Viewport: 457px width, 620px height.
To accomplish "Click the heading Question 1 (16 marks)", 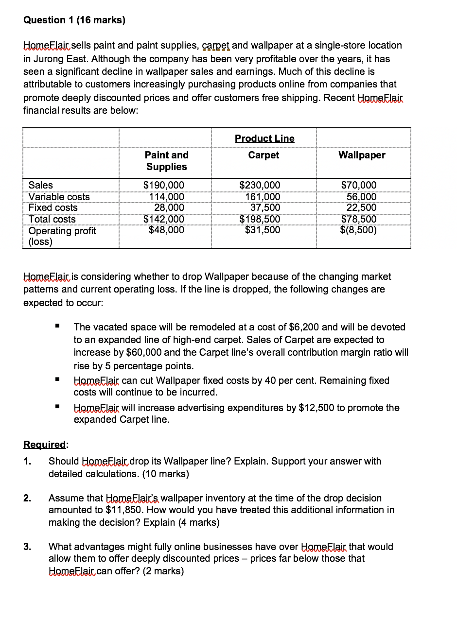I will coord(74,20).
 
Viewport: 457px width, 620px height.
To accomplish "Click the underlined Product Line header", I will coord(264,138).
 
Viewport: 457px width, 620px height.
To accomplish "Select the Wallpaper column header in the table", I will coord(362,155).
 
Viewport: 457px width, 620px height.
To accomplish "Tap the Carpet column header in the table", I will coord(264,155).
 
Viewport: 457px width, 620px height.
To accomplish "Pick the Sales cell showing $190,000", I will coord(164,185).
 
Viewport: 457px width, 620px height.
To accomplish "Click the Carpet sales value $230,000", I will coord(260,185).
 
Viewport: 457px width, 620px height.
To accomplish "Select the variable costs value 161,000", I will coord(263,197).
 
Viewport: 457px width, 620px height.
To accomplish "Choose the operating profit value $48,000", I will coord(166,230).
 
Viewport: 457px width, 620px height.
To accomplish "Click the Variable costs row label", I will coord(59,197).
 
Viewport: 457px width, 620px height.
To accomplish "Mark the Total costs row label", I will coord(52,219).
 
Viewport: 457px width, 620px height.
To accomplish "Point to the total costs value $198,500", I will coord(260,219).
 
